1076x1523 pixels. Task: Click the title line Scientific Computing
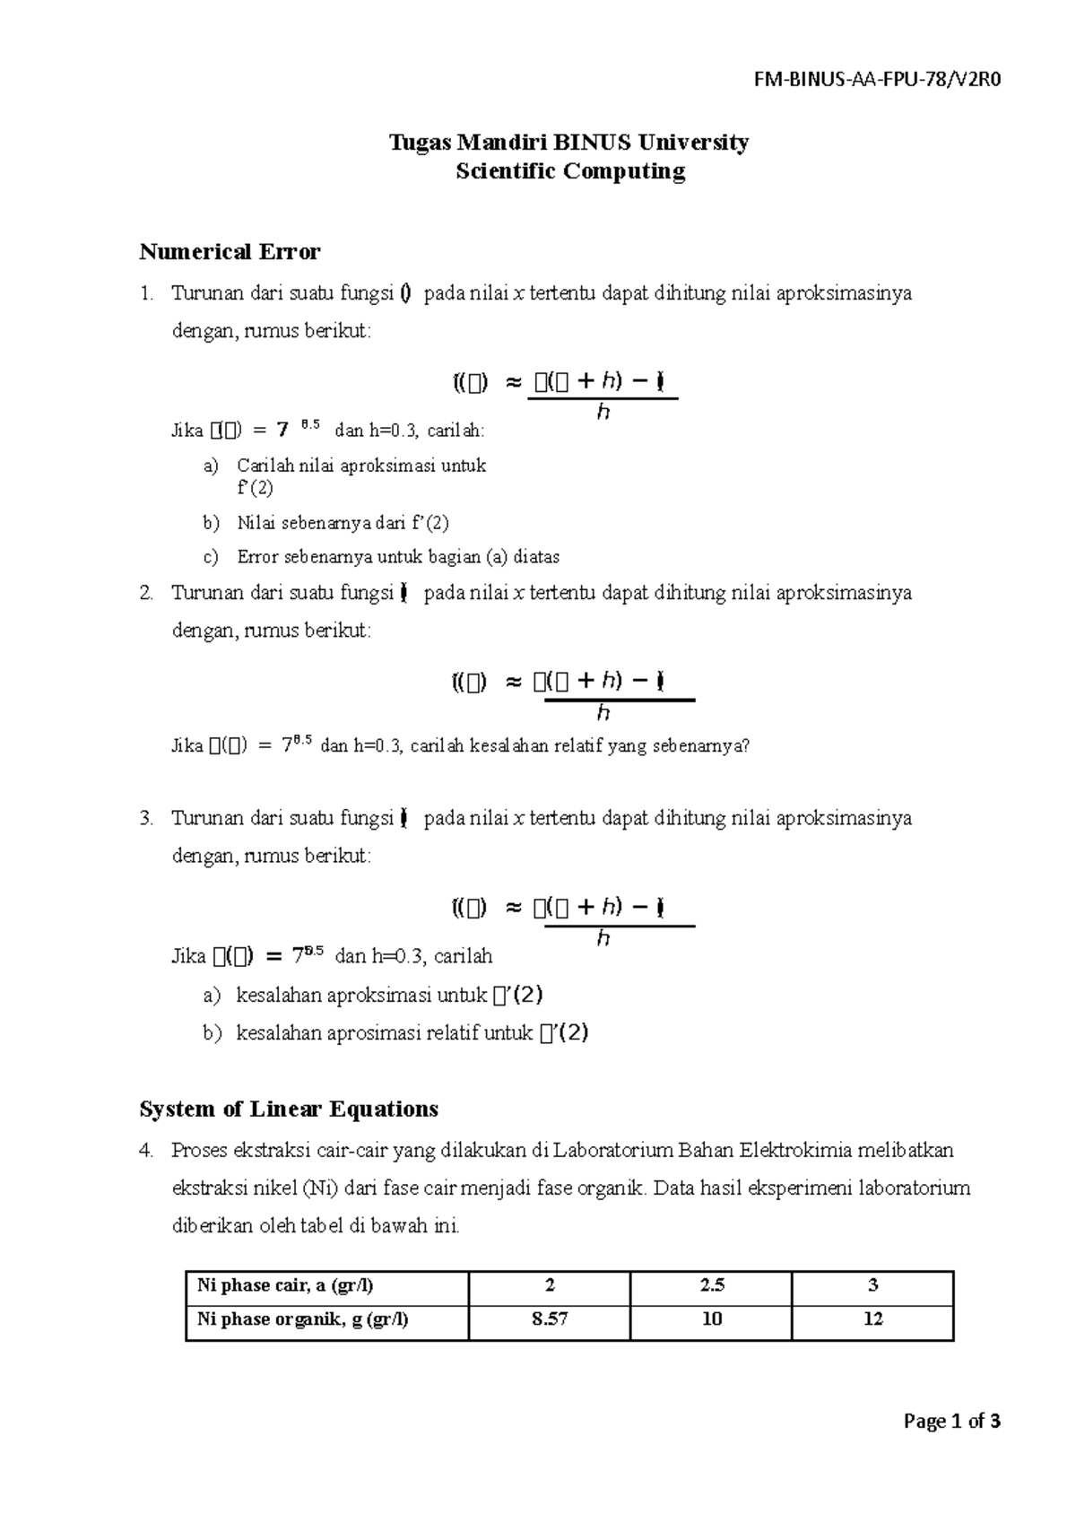(569, 171)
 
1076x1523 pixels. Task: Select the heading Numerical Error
(230, 252)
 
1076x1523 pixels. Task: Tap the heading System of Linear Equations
(289, 1110)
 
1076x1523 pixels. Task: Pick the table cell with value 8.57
(549, 1319)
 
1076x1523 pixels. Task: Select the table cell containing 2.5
(711, 1285)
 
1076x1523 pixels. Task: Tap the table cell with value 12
(872, 1319)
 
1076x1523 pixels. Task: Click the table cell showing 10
(711, 1319)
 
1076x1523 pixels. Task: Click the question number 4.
(146, 1151)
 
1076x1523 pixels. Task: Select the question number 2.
(146, 593)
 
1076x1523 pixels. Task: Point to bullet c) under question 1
(211, 557)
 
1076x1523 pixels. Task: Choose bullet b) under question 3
(211, 1033)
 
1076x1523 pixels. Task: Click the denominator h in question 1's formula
(603, 413)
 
